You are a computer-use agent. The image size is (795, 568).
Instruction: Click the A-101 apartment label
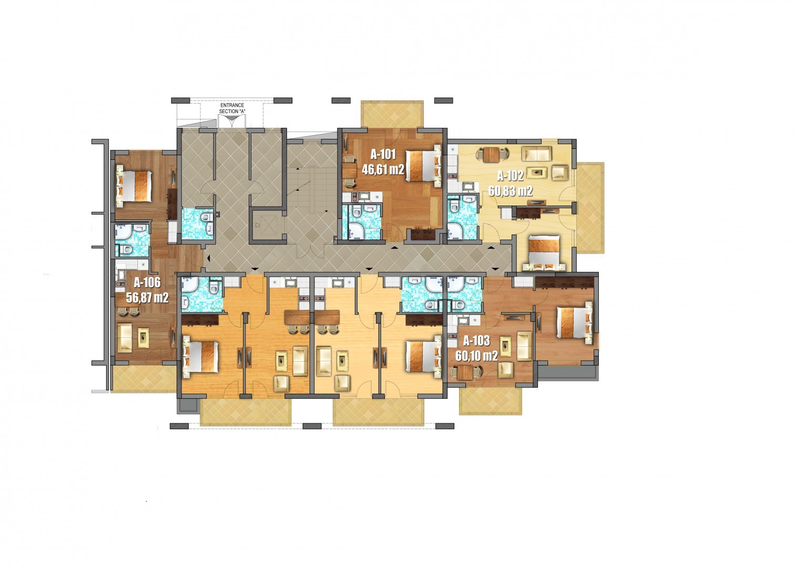pos(383,155)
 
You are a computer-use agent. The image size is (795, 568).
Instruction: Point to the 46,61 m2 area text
pos(383,170)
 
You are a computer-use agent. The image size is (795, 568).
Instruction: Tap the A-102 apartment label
pos(511,176)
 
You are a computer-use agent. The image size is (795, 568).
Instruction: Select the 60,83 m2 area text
pos(511,191)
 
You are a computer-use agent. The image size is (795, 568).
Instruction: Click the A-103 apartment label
pos(477,341)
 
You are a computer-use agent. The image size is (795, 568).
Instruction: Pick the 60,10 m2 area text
pos(477,356)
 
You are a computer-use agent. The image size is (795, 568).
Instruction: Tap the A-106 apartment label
pos(147,282)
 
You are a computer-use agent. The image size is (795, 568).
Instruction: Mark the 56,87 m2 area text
pos(147,298)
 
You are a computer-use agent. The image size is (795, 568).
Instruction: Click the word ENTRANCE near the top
pos(232,105)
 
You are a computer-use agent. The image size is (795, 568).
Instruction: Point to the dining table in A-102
pos(492,155)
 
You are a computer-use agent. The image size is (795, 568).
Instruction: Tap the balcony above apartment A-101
pos(392,114)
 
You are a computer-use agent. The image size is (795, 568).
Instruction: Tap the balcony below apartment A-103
pos(491,401)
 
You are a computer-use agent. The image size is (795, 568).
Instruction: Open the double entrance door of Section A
pos(232,121)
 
